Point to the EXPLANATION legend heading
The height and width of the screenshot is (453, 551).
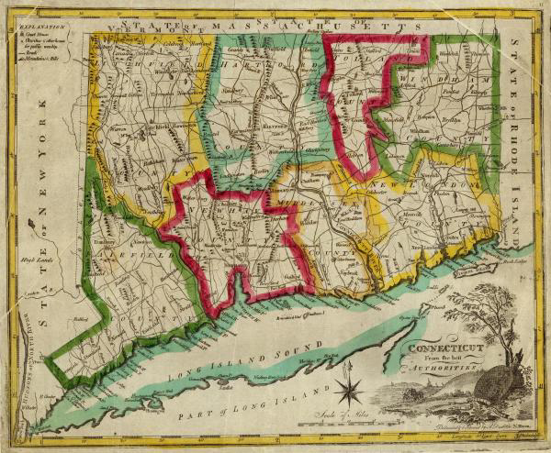click(33, 28)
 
